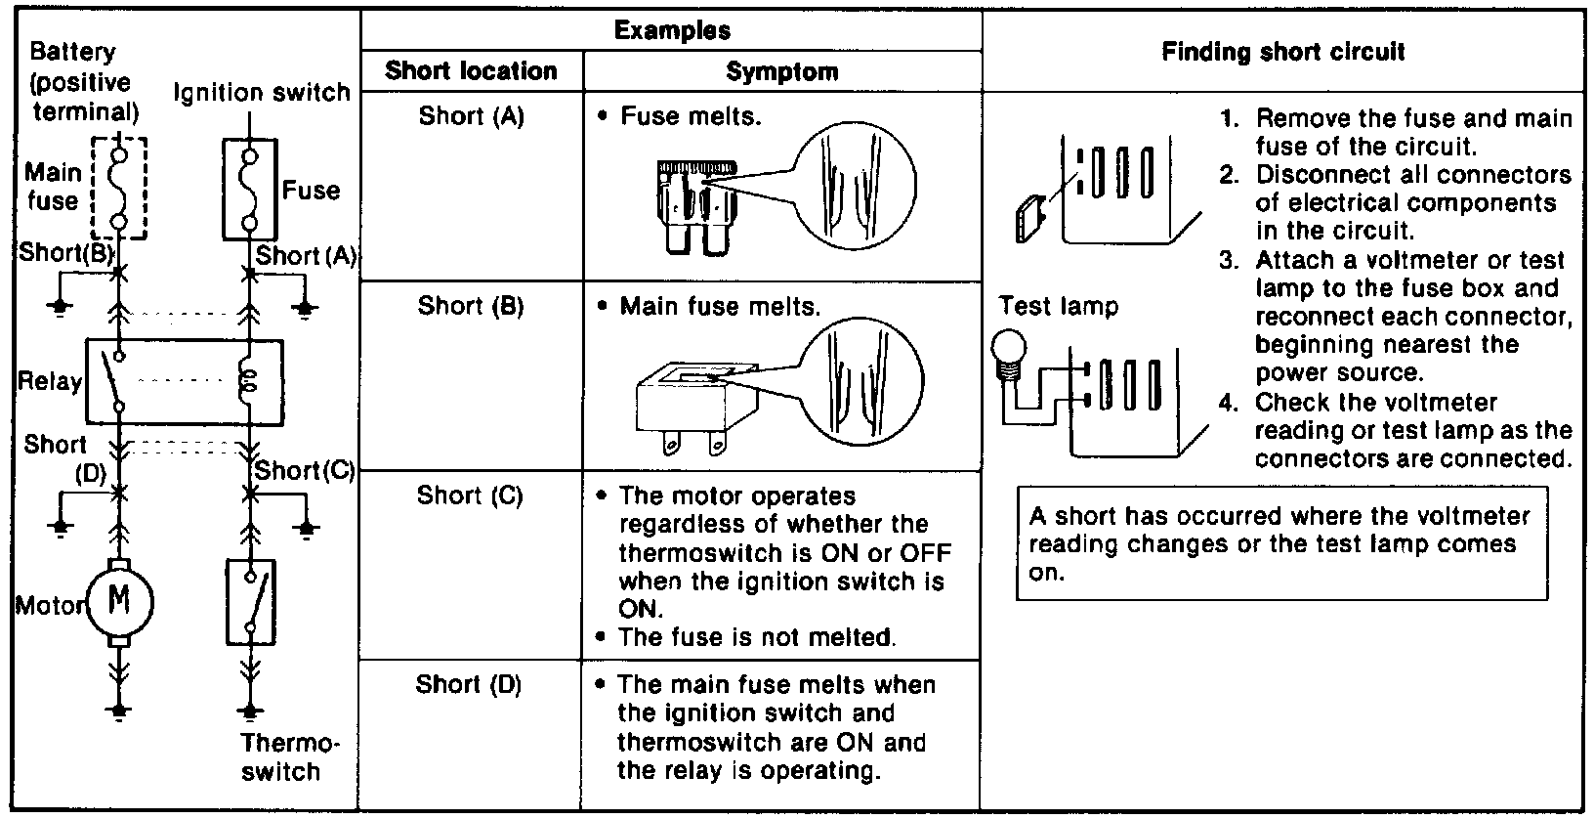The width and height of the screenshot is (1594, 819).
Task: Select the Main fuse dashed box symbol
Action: [x=119, y=188]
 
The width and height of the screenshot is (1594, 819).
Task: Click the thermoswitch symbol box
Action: [x=251, y=601]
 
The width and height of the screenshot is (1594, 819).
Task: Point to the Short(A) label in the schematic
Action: [x=307, y=256]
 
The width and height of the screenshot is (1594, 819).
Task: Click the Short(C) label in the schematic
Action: [x=304, y=470]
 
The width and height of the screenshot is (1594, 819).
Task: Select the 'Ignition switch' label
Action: [x=262, y=93]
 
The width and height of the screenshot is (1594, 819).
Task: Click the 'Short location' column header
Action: [x=471, y=71]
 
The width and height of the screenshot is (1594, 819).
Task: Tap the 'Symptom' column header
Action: [x=781, y=71]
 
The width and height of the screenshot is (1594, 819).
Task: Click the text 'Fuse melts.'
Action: [x=691, y=116]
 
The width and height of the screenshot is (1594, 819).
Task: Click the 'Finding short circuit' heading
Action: [x=1282, y=52]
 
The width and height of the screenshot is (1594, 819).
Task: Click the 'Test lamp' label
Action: [x=1058, y=306]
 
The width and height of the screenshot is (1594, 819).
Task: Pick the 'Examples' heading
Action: [x=671, y=29]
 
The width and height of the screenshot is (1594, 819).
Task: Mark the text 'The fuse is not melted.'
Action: [x=757, y=637]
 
